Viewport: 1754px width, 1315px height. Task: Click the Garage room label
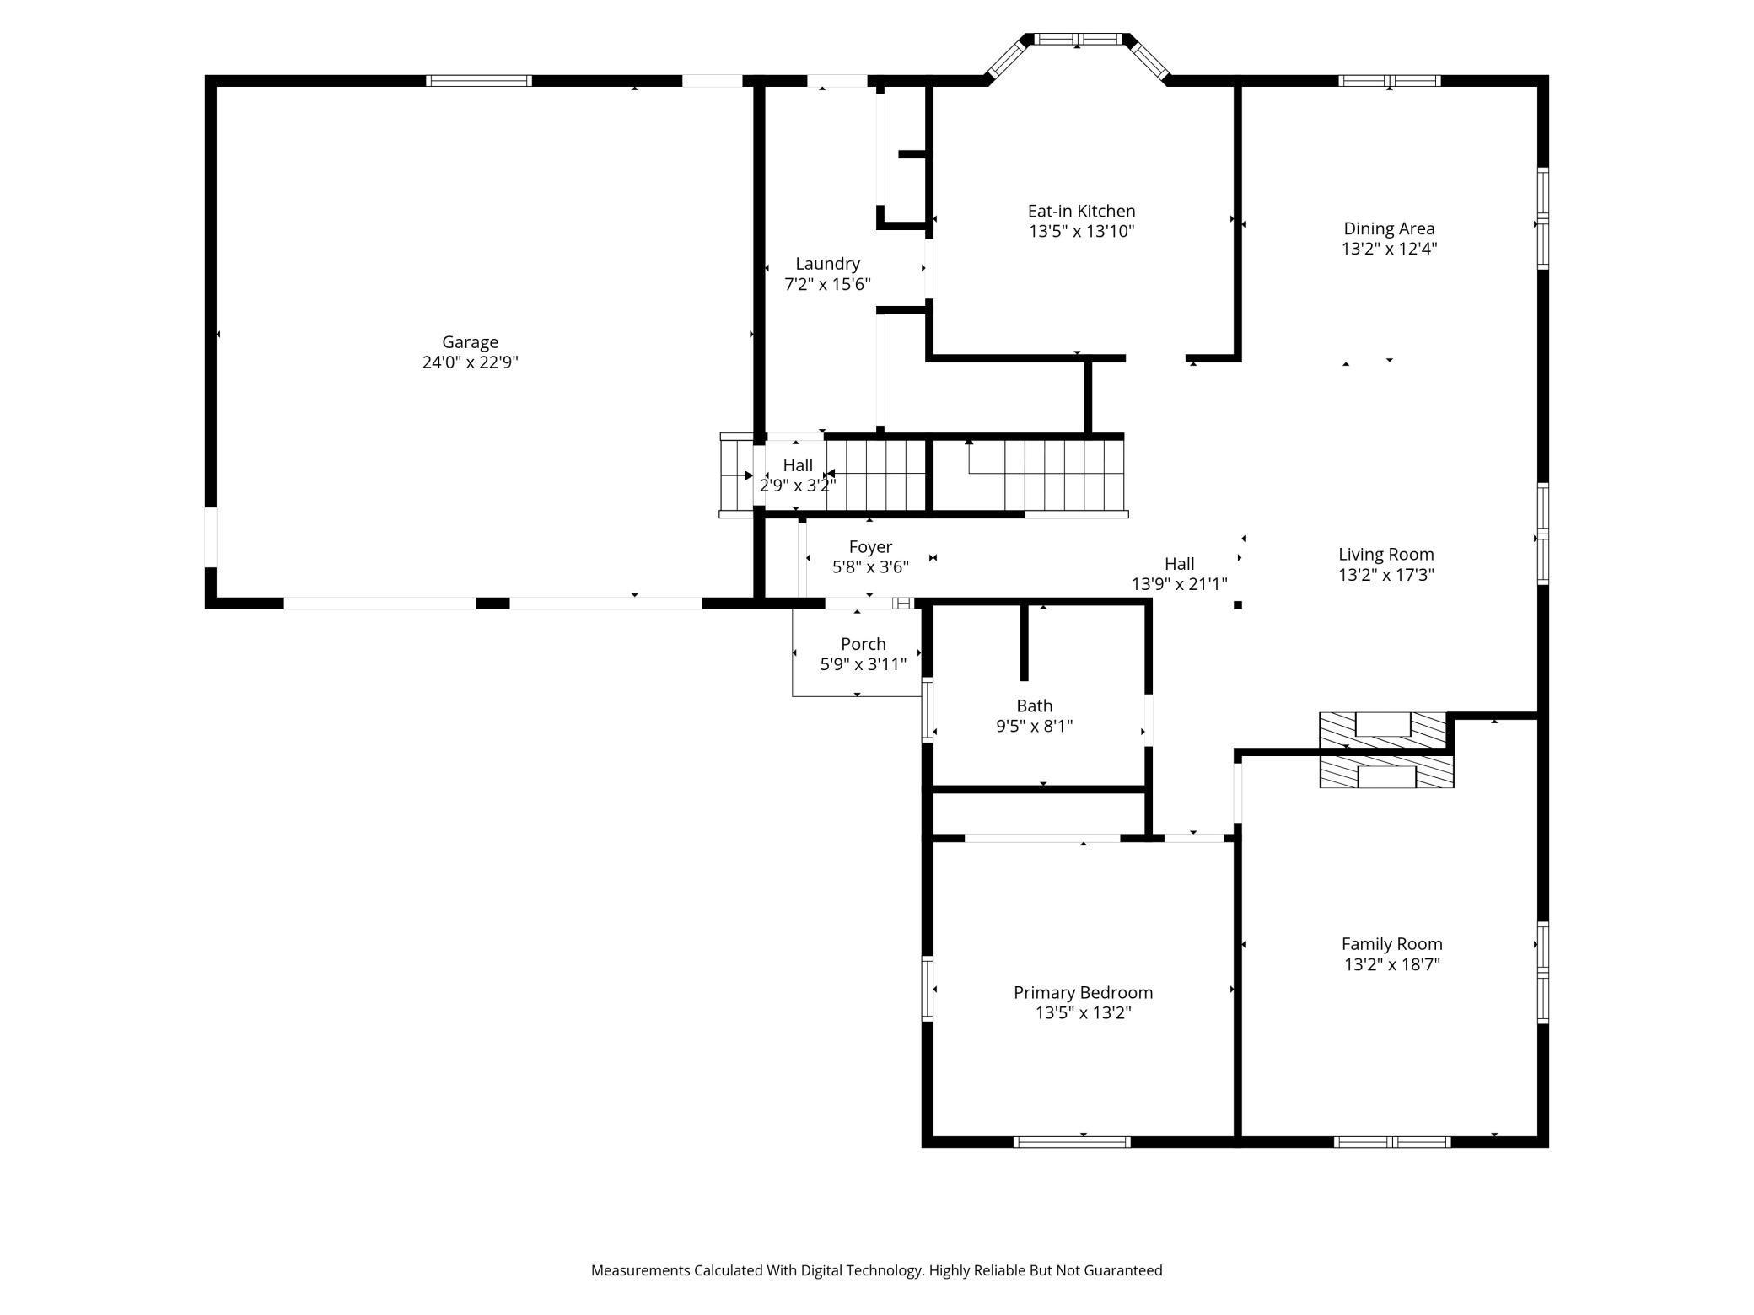[470, 341]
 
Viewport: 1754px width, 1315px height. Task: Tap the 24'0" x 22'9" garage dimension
[470, 362]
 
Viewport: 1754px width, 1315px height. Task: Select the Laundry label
[827, 264]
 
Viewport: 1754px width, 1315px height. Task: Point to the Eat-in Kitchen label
[1081, 211]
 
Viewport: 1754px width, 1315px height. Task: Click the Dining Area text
[1389, 228]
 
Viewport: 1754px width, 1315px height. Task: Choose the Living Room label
[1386, 554]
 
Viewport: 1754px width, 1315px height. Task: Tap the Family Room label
[1392, 944]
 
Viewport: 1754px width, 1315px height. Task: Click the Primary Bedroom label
[1084, 992]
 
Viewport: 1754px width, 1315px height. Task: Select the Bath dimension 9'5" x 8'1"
[1035, 726]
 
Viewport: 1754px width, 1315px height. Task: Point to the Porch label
[864, 644]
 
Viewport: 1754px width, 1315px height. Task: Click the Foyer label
[870, 547]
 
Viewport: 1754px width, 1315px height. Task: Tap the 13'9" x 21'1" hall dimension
[1180, 583]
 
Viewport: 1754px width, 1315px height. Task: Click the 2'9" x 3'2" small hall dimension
[798, 486]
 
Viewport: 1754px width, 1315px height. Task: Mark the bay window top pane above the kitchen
[1079, 39]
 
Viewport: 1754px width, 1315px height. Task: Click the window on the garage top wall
[478, 81]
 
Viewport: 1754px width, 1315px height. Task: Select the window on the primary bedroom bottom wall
[1072, 1142]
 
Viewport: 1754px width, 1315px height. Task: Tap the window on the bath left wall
[928, 710]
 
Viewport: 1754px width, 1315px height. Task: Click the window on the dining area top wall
[1390, 81]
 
